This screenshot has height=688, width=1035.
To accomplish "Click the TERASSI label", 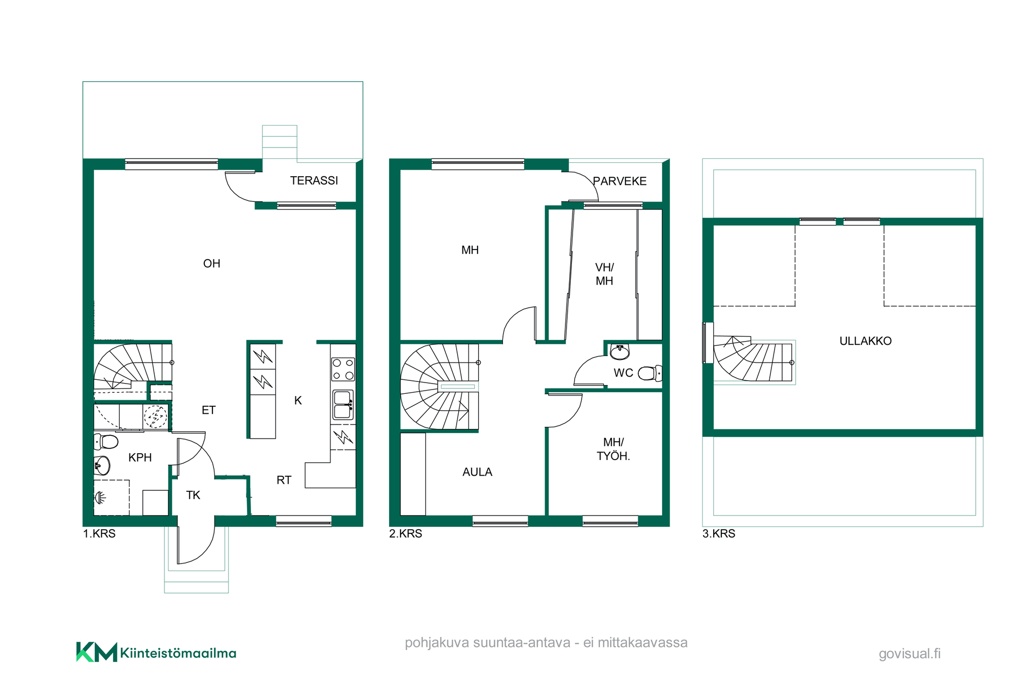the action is click(314, 180).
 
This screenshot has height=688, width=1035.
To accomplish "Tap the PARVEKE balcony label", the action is click(619, 181).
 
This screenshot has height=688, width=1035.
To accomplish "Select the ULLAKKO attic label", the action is click(865, 341).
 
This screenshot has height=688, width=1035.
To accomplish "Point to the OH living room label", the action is click(211, 263).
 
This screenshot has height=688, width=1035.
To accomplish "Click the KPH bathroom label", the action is click(140, 457).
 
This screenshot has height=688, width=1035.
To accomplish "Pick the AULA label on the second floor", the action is click(477, 472).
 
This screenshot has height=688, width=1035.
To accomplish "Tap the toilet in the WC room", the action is click(650, 373).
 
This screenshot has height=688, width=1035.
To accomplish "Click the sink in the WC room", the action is click(620, 352).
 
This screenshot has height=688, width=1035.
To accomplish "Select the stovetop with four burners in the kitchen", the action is click(343, 369).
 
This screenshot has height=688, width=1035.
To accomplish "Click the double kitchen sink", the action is click(343, 405).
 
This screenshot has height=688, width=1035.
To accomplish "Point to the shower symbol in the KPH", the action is click(101, 497).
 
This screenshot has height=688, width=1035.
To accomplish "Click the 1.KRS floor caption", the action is click(99, 533).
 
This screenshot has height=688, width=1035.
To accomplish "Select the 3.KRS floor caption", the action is click(719, 533).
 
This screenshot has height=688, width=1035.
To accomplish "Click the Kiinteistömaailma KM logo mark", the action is click(96, 652).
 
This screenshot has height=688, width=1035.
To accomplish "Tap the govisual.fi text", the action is click(909, 654).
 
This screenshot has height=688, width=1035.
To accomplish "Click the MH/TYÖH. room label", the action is click(613, 449).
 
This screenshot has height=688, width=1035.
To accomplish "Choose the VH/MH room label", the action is click(604, 274).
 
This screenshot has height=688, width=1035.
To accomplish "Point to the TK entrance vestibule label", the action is click(193, 495).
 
